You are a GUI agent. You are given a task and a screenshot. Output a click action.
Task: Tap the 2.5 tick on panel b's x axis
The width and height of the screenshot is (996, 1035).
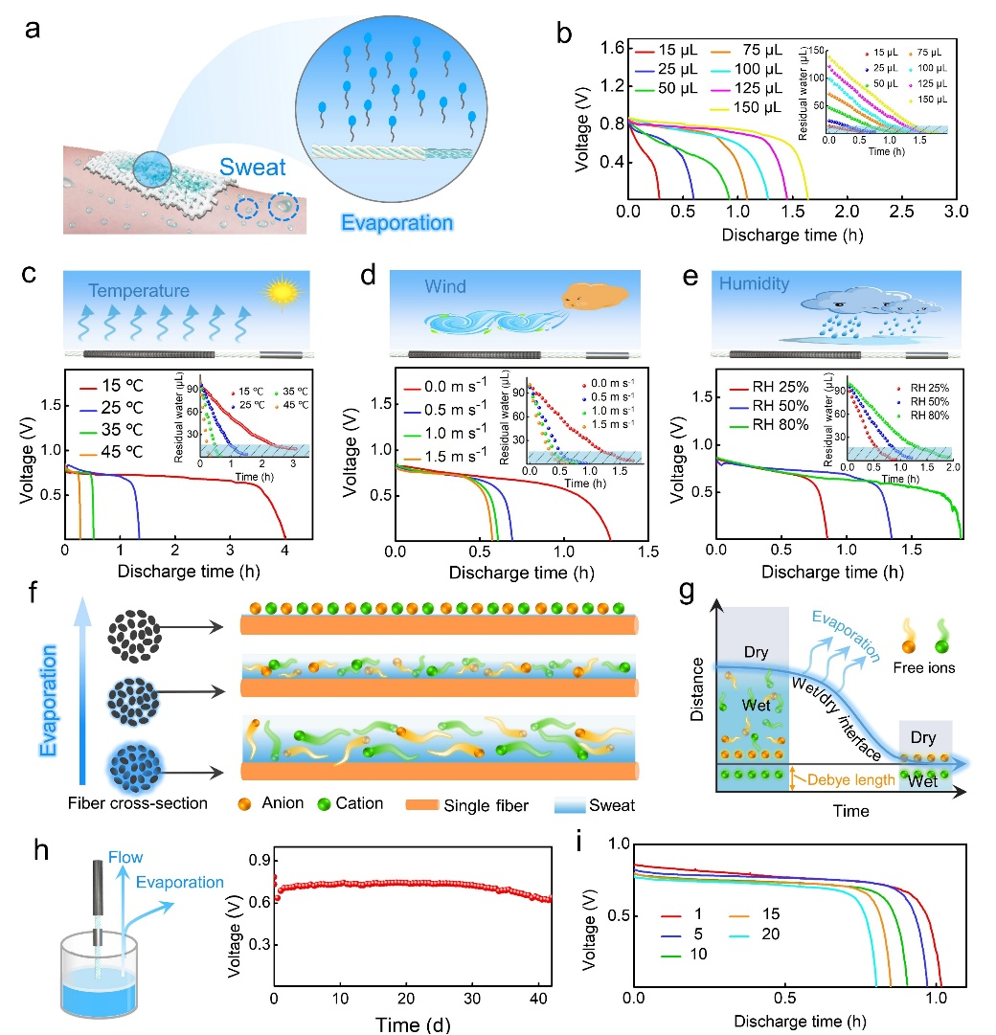click(901, 210)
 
